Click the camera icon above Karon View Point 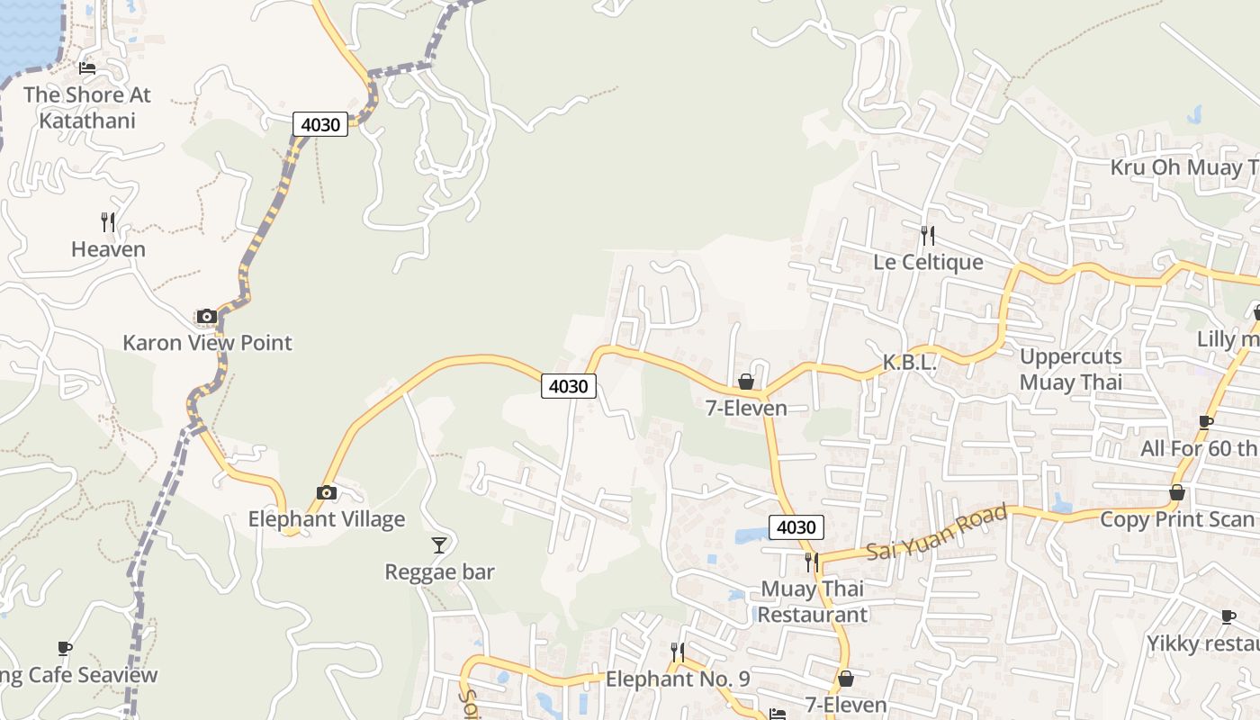(207, 316)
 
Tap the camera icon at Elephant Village (327, 492)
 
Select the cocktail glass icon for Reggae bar (439, 544)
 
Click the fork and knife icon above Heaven (108, 222)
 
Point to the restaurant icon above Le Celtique (928, 236)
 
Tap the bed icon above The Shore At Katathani (87, 67)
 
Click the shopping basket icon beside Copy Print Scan (1176, 492)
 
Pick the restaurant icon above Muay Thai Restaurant (812, 562)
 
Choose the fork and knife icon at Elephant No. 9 (678, 652)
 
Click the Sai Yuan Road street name (936, 533)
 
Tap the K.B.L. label (910, 363)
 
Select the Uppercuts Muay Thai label (1070, 369)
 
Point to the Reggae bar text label (439, 571)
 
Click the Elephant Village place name (327, 519)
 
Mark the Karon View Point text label (207, 343)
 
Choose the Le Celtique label (928, 263)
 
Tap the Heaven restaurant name (108, 249)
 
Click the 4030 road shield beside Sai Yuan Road (796, 527)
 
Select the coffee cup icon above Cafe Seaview (65, 648)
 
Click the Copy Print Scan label (1177, 519)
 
